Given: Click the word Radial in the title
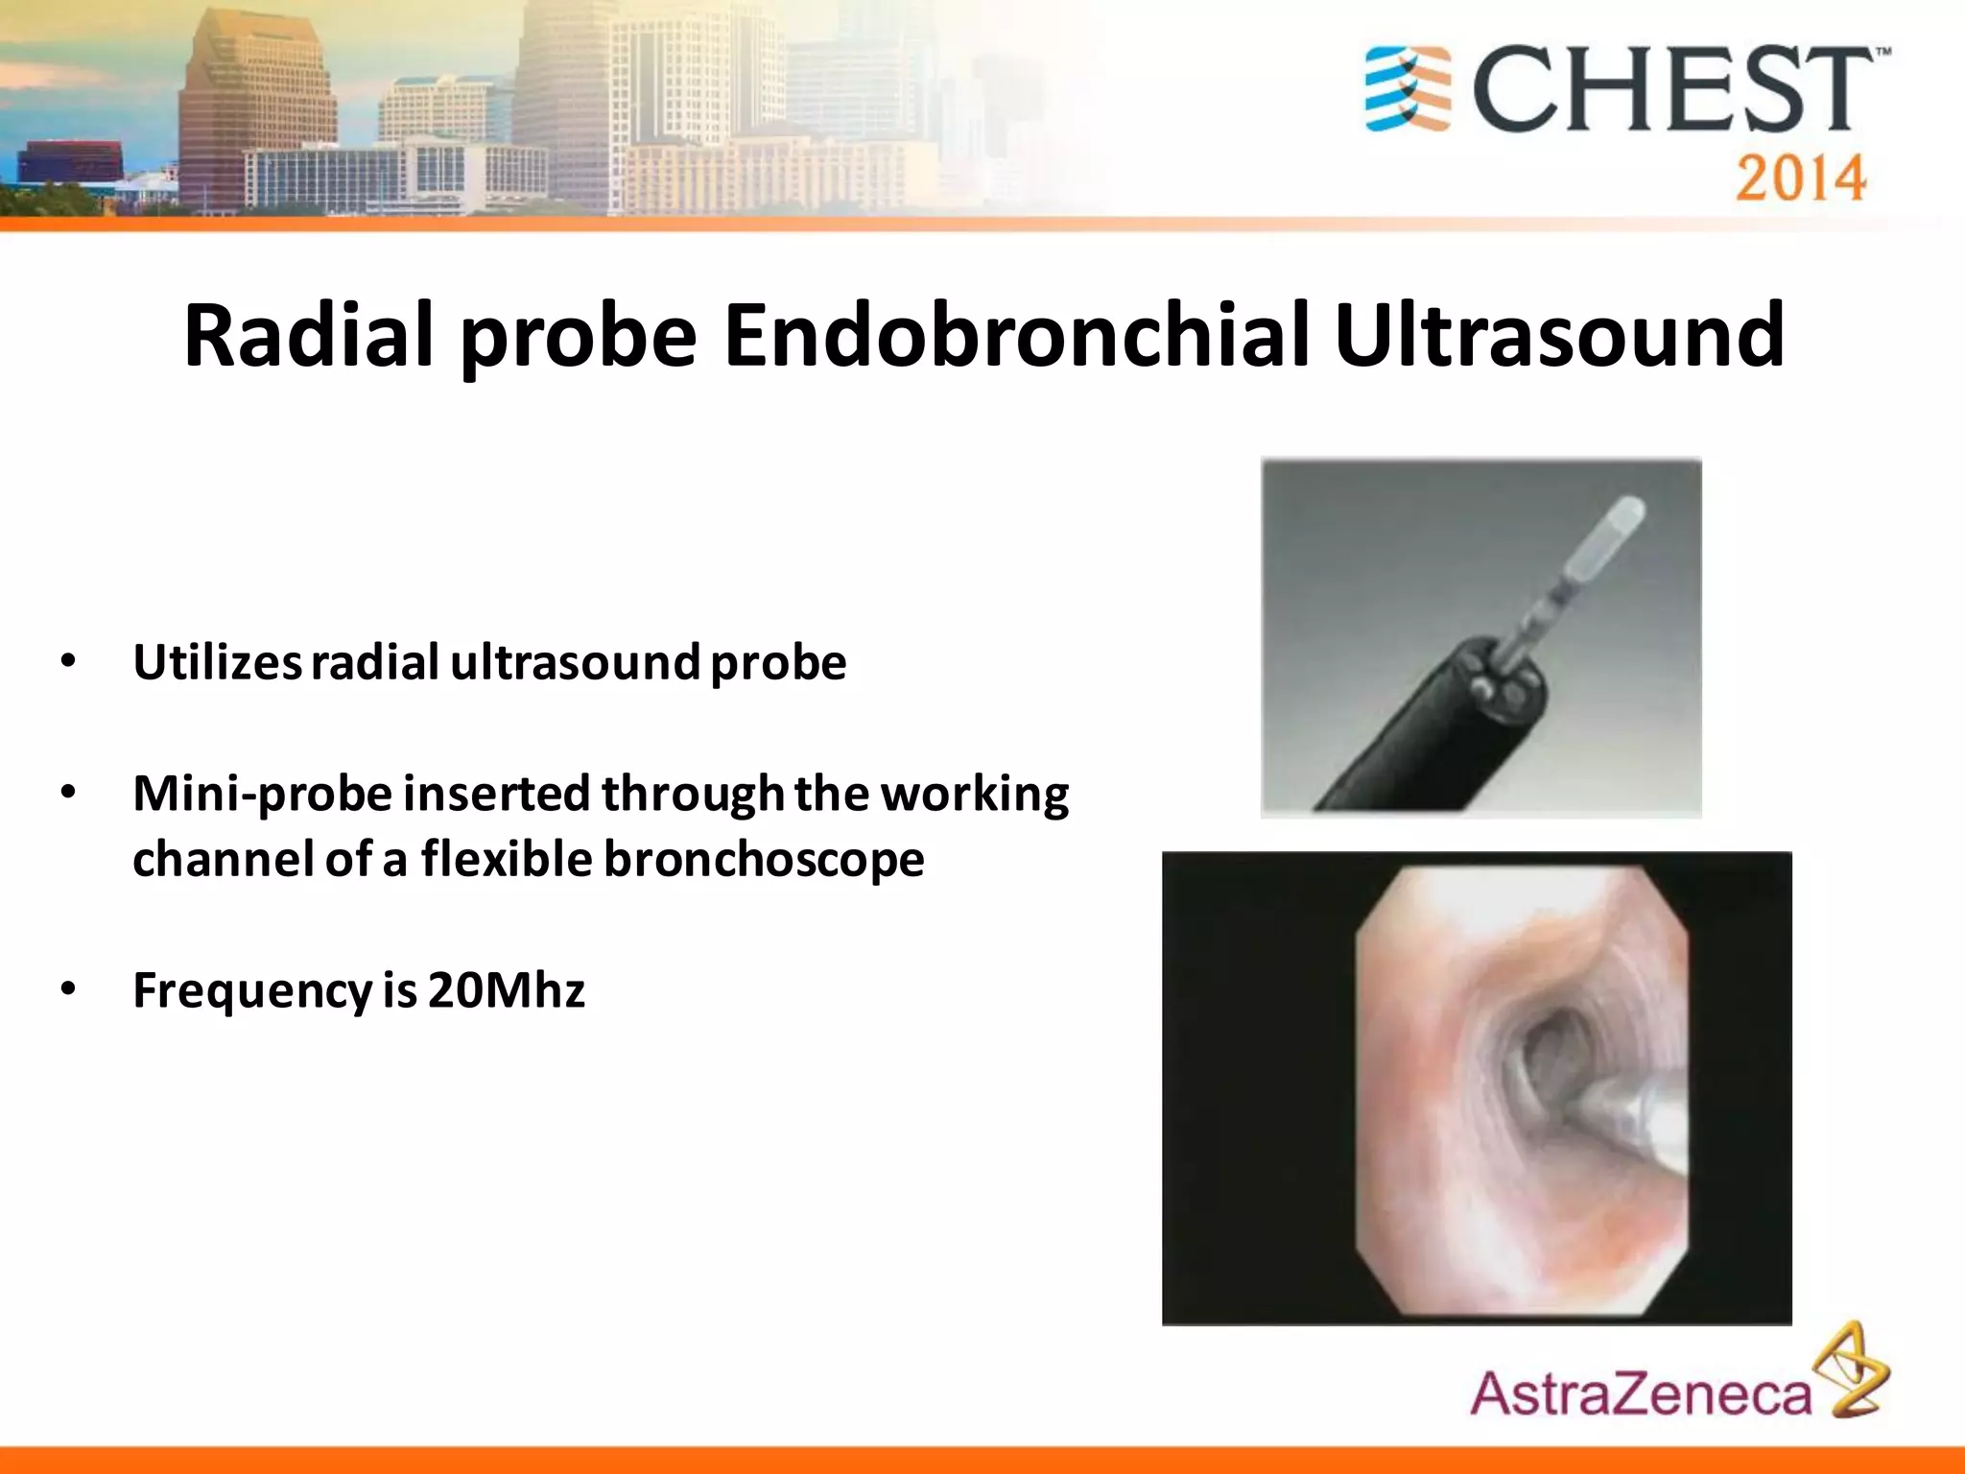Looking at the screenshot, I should coord(309,335).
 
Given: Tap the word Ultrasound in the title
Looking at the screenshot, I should coord(1558,335).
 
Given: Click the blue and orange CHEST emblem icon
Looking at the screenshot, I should coord(1408,89).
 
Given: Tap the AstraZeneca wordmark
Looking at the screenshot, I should coord(1640,1393).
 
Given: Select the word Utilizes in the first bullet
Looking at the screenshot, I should coord(218,662).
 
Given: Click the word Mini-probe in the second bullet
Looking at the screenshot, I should coord(262,795).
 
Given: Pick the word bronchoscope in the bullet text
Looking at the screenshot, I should coord(763,859).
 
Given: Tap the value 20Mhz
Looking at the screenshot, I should coord(506,990).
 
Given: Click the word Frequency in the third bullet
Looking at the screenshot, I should coord(251,990).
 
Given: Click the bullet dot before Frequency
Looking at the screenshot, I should coord(67,988).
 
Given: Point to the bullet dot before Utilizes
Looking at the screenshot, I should coord(67,660).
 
